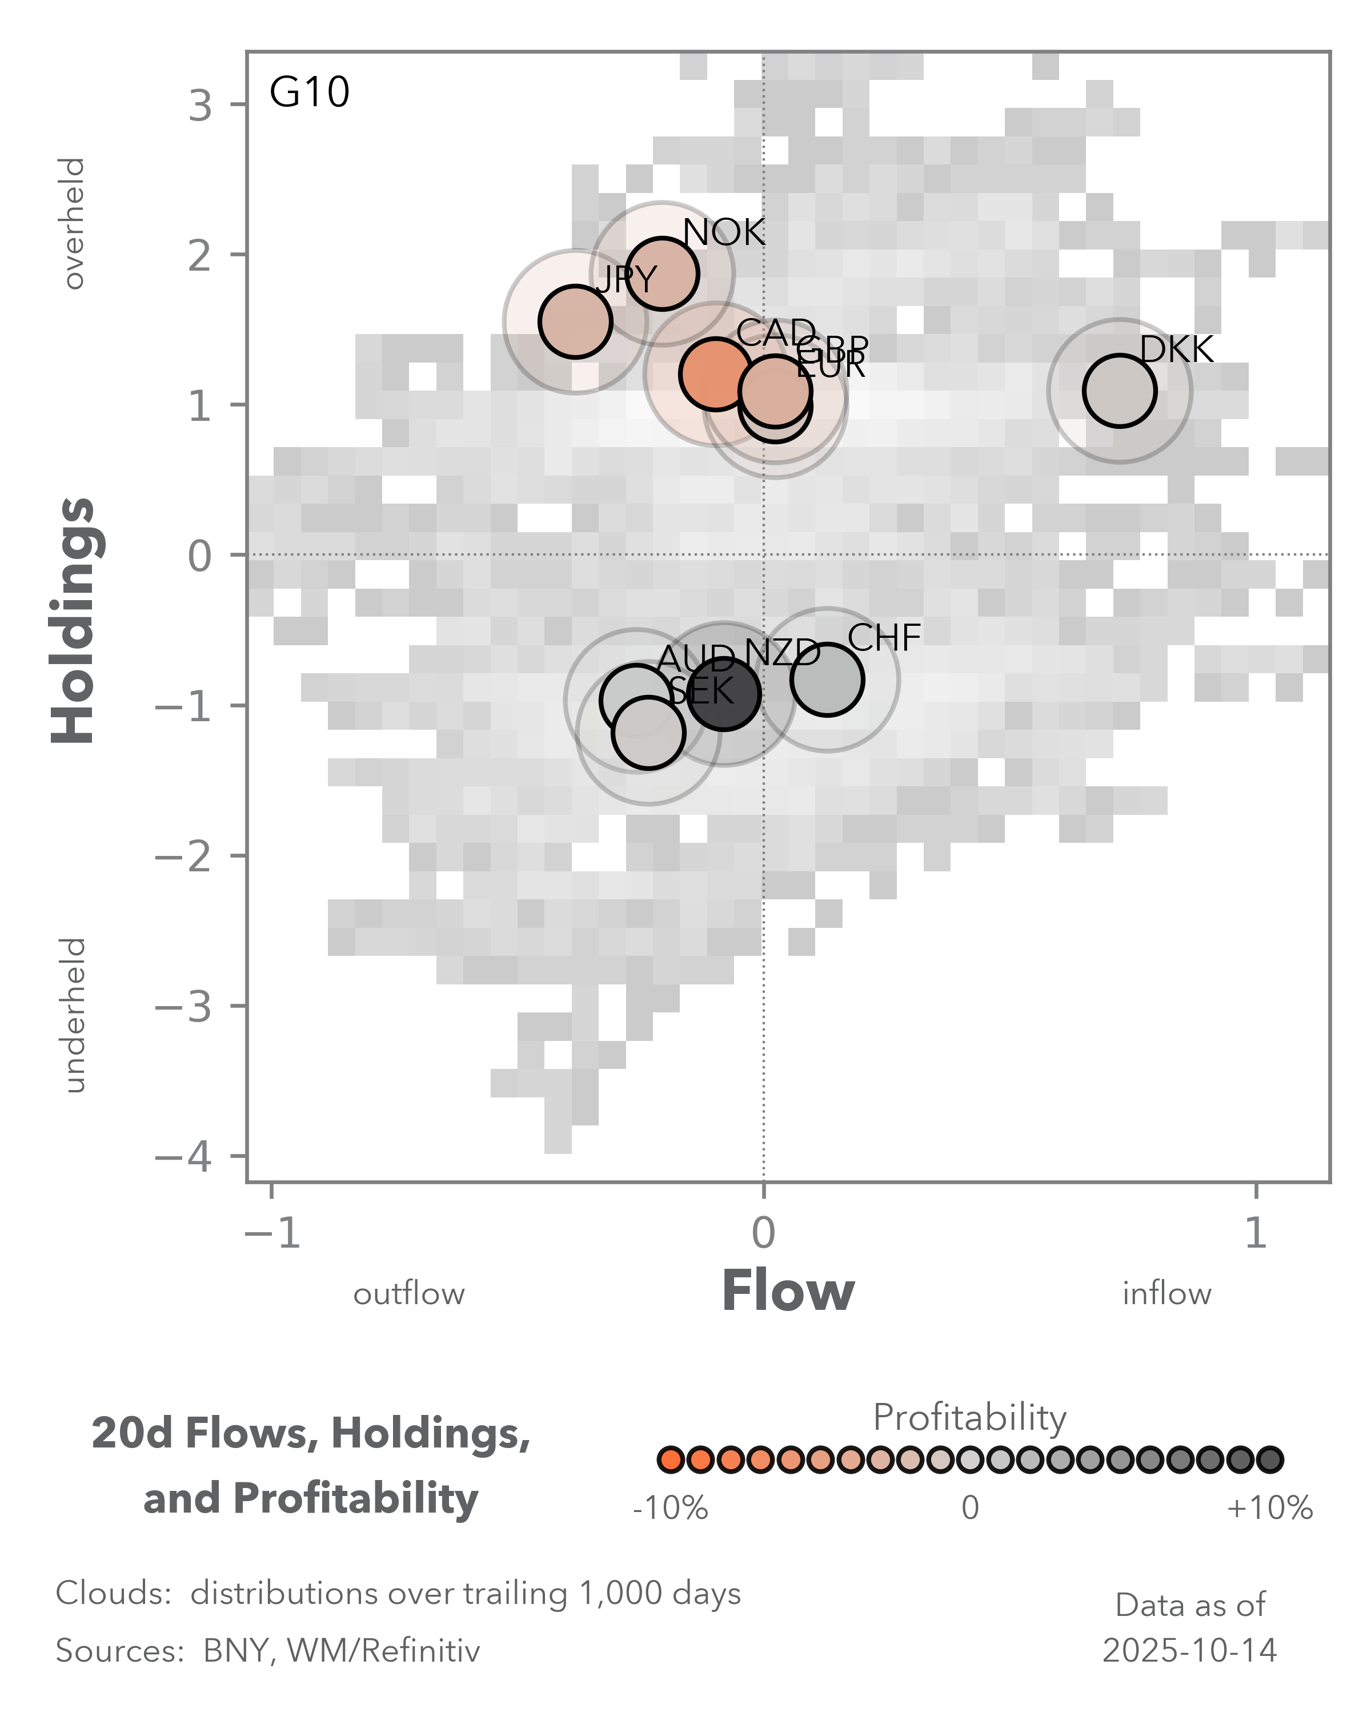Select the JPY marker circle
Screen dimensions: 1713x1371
tap(575, 322)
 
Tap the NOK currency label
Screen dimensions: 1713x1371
tap(723, 233)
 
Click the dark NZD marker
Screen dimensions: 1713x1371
tap(724, 694)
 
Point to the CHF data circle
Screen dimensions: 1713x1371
tap(827, 679)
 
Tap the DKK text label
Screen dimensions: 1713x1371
tap(1176, 349)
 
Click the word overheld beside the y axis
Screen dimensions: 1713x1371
tap(73, 223)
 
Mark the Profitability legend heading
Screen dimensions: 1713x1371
tap(969, 1417)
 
